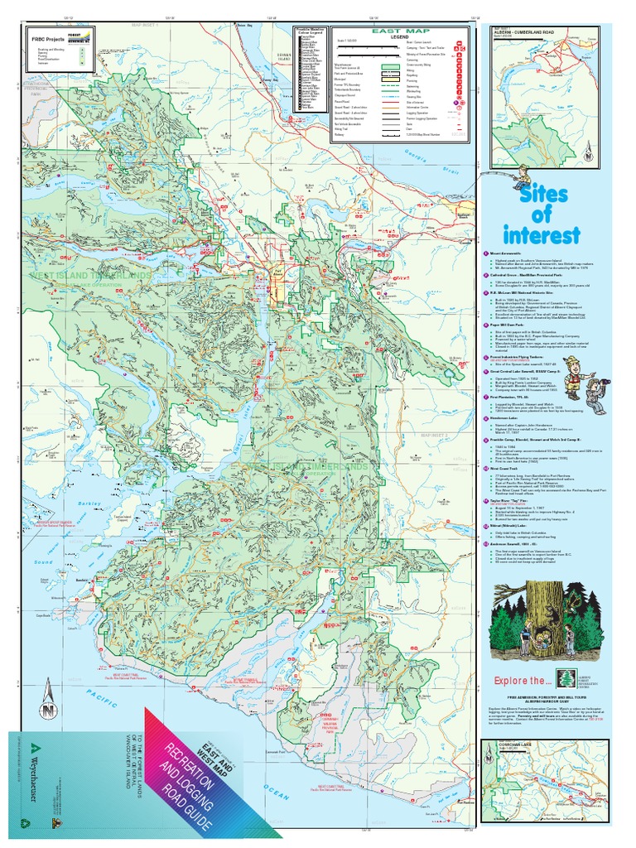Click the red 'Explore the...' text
[522, 681]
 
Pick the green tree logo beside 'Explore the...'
[566, 678]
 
